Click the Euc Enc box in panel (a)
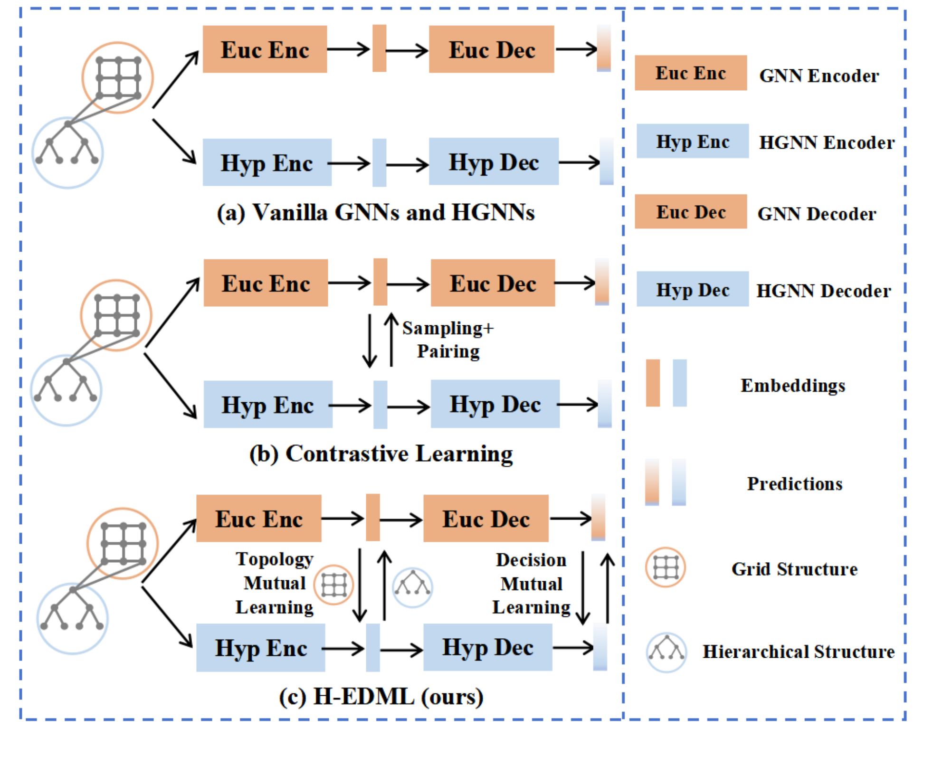click(265, 49)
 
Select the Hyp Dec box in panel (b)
click(495, 404)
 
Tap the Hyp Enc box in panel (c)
click(261, 648)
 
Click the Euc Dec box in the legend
click(691, 212)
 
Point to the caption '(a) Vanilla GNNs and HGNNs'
click(376, 212)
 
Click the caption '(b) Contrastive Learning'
click(381, 454)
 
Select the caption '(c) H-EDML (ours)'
click(381, 697)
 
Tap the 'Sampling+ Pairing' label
click(447, 340)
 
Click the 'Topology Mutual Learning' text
click(275, 583)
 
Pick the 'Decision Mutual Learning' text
click(531, 584)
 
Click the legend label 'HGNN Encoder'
click(827, 142)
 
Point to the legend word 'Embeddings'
click(793, 385)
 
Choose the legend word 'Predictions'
click(795, 483)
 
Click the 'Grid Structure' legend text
click(794, 569)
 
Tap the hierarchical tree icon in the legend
click(666, 652)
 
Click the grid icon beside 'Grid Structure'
click(665, 567)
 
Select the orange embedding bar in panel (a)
click(379, 48)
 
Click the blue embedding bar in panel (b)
click(380, 405)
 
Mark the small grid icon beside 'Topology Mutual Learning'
click(333, 585)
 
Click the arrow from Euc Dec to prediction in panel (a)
click(576, 49)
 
